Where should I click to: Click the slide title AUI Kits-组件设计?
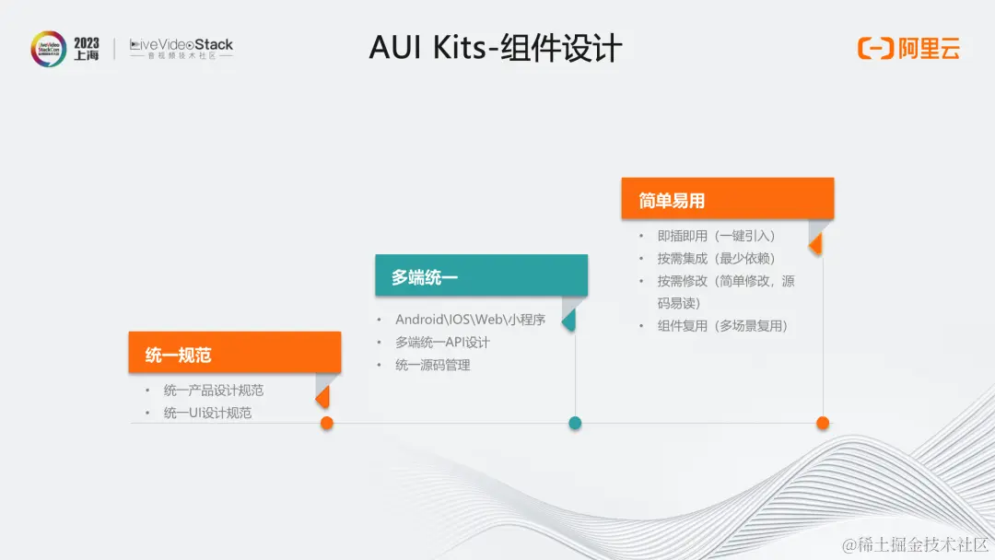496,48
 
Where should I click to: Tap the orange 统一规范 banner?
235,354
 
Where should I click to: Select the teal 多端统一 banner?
481,275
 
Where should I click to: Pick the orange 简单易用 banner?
727,199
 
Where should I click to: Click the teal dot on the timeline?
575,423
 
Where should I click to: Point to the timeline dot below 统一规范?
326,423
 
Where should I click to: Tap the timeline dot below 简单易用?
823,423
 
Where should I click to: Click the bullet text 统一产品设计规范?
214,391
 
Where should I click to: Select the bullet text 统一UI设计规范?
207,413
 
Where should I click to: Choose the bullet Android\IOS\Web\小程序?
470,320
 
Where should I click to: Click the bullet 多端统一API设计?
442,343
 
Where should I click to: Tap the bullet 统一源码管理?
433,365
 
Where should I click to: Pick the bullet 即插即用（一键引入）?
716,236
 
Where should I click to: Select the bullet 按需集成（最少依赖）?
716,259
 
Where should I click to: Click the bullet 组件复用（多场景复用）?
722,325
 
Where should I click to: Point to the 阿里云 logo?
908,49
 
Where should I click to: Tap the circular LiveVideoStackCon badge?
48,49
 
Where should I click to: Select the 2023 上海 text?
87,49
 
